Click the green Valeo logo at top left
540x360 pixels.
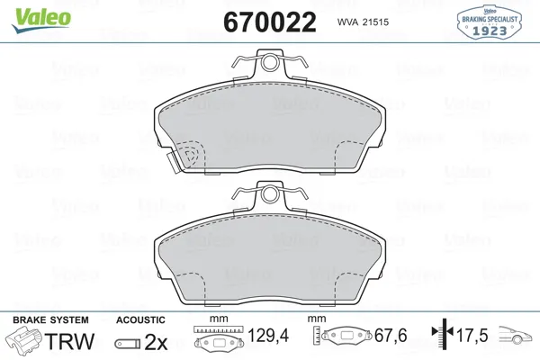pyautogui.click(x=41, y=21)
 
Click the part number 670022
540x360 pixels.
pyautogui.click(x=270, y=22)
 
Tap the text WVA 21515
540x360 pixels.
pyautogui.click(x=363, y=22)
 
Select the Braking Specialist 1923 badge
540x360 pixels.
pyautogui.click(x=489, y=22)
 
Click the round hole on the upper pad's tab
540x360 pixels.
pyautogui.click(x=270, y=63)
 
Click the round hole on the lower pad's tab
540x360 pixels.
pyautogui.click(x=270, y=194)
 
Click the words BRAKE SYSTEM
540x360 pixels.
pyautogui.click(x=50, y=320)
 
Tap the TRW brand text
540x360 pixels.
pyautogui.click(x=69, y=341)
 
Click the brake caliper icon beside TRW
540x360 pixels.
pyautogui.click(x=24, y=340)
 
